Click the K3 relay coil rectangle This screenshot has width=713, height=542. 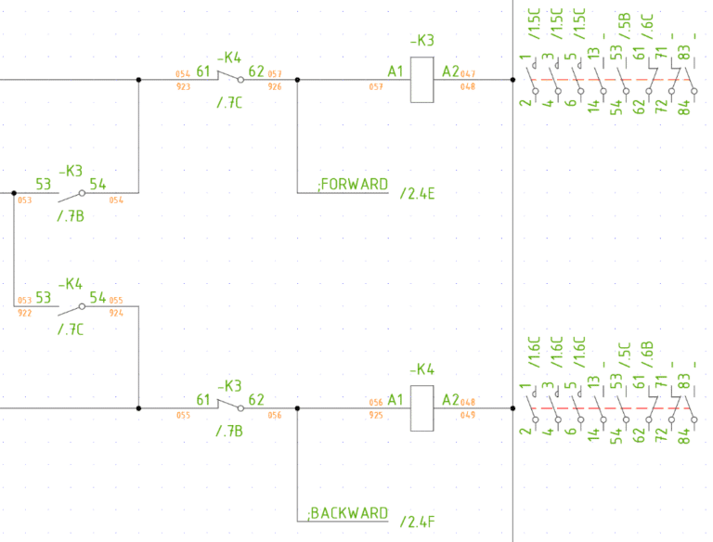(x=422, y=80)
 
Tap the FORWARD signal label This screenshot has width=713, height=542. (x=353, y=185)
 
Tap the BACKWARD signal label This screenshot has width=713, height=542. (x=349, y=513)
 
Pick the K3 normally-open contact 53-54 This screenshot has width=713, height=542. (x=71, y=194)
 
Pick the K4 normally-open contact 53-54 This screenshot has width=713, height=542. (x=71, y=305)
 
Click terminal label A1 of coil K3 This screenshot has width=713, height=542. (x=396, y=71)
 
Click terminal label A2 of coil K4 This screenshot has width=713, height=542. (x=450, y=400)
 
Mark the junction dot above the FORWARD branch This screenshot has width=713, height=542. (x=297, y=80)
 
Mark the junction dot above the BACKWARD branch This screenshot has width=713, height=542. (x=297, y=407)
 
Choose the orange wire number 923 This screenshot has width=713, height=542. (x=182, y=87)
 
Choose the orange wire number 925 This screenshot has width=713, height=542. (x=376, y=416)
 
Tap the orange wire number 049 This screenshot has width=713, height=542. (x=467, y=416)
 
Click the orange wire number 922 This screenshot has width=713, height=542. (x=24, y=314)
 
